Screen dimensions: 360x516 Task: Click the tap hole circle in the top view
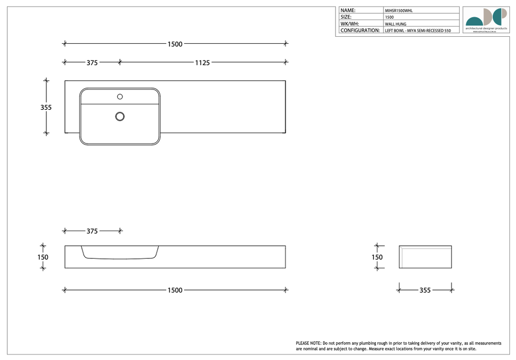(120, 96)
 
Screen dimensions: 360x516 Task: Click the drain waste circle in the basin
(120, 116)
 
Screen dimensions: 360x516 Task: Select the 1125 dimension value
(203, 63)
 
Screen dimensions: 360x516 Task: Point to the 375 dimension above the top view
(92, 63)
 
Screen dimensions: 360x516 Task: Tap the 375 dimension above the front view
(92, 231)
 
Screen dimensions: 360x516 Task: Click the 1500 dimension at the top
(175, 44)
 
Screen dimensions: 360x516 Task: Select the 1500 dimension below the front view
(175, 291)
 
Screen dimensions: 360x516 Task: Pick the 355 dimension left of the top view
(46, 107)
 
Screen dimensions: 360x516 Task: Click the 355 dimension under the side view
(425, 291)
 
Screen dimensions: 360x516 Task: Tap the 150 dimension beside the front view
(43, 257)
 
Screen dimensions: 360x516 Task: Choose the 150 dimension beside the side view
(377, 257)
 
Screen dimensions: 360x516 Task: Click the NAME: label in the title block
(348, 10)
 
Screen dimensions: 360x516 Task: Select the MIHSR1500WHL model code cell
(399, 10)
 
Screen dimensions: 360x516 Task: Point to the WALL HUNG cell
(396, 24)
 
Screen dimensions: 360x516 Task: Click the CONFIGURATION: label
(360, 31)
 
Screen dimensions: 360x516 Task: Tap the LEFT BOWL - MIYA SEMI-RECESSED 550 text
(418, 31)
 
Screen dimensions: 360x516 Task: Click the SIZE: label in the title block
(346, 17)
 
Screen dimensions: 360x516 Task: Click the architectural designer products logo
(486, 19)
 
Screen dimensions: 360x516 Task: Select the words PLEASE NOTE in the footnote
(308, 343)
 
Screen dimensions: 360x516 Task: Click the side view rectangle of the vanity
(425, 257)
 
